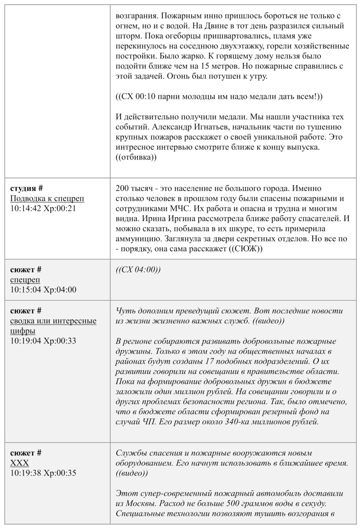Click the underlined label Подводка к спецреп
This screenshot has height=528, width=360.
pyautogui.click(x=47, y=198)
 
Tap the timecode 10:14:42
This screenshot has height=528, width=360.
pyautogui.click(x=26, y=208)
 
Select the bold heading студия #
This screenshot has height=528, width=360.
pyautogui.click(x=26, y=189)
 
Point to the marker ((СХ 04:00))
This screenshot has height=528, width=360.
pyautogui.click(x=138, y=270)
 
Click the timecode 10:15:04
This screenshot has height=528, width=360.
pyautogui.click(x=26, y=290)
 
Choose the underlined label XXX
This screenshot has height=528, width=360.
pyautogui.click(x=19, y=463)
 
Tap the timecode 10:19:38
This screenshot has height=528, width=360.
pyautogui.click(x=26, y=473)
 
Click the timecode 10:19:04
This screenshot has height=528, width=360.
pyautogui.click(x=26, y=341)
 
